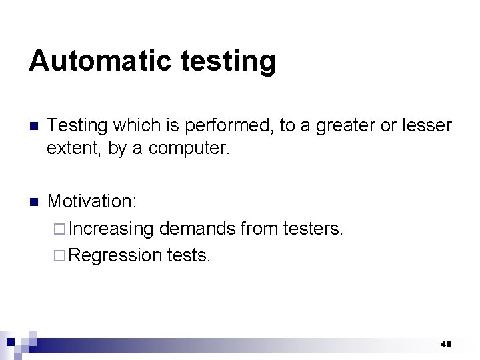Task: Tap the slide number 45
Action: tap(446, 344)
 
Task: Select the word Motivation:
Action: tap(91, 201)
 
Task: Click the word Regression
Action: tap(115, 255)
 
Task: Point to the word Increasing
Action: tap(111, 229)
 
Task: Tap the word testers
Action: tap(313, 229)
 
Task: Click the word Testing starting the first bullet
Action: tap(78, 125)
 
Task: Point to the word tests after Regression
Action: tap(189, 255)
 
